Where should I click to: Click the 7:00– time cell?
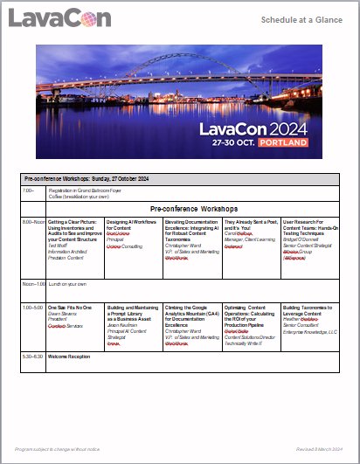tap(29, 190)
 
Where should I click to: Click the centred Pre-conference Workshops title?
tap(194, 210)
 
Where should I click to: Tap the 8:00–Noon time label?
tap(33, 222)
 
